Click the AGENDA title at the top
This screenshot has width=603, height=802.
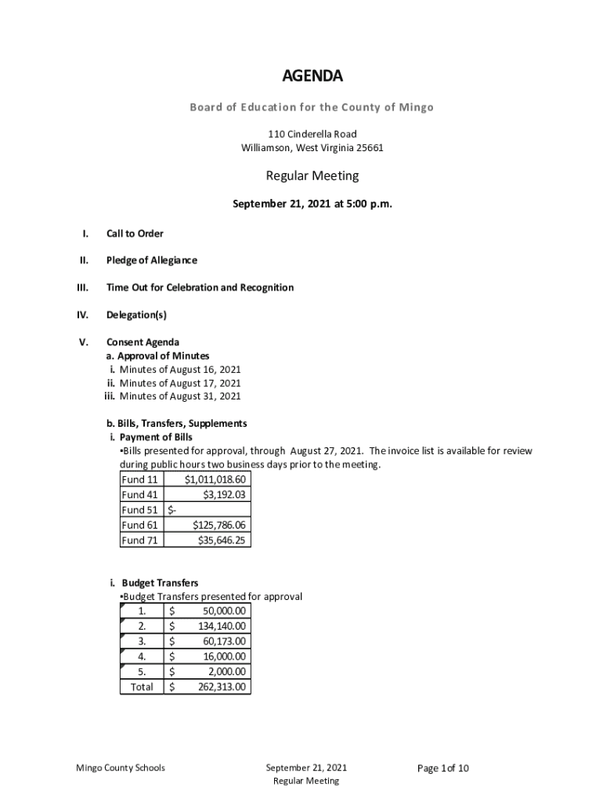[312, 76]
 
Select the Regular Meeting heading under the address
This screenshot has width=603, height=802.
[312, 176]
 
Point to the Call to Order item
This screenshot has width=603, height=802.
[135, 233]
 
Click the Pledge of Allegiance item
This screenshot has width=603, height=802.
[152, 260]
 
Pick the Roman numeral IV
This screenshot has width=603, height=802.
[84, 315]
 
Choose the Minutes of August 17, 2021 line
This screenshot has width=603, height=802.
[180, 383]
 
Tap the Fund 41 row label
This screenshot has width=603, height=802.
[140, 495]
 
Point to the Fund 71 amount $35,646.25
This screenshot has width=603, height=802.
[222, 540]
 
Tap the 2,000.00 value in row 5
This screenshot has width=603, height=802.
[226, 671]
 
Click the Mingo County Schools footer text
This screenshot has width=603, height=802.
[115, 768]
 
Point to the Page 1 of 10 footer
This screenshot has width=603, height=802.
[443, 768]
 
